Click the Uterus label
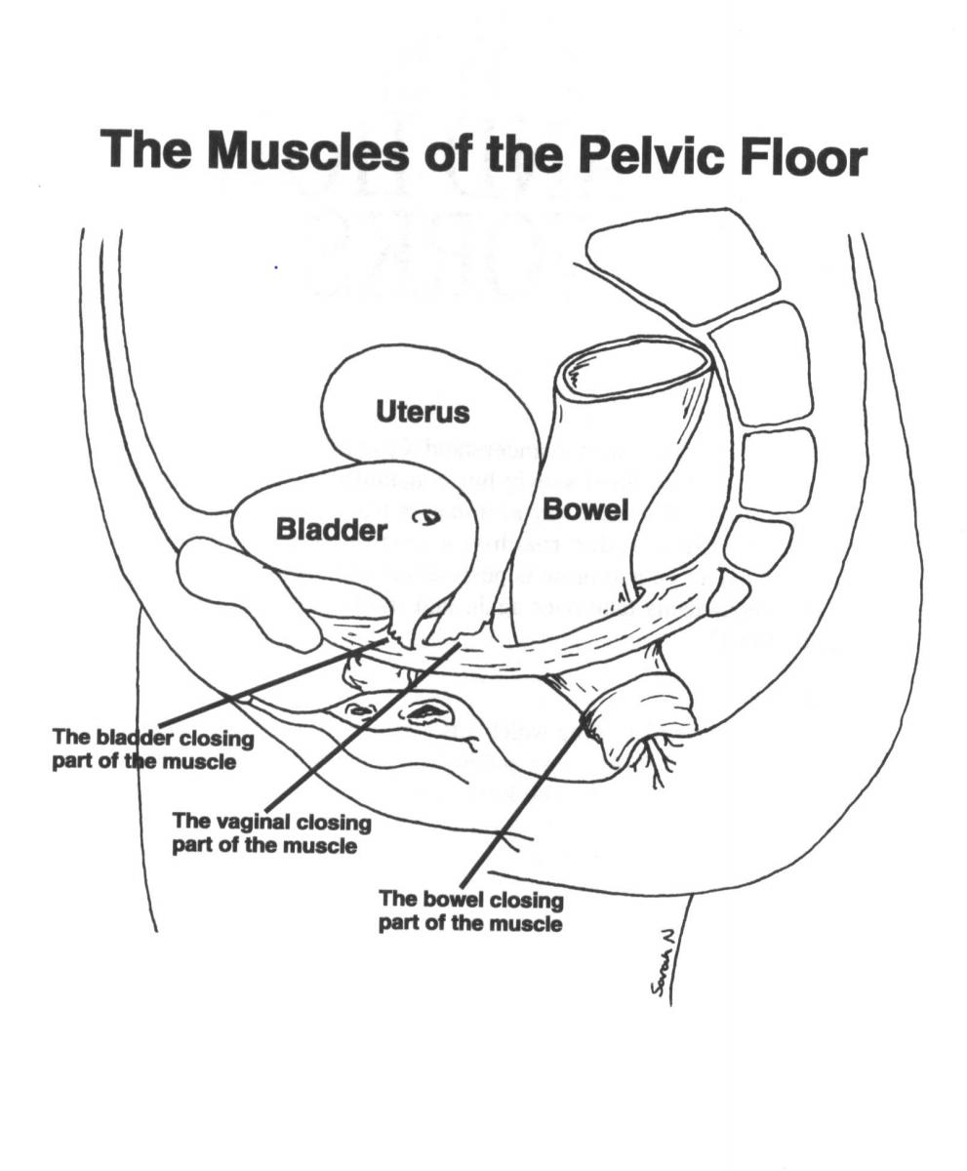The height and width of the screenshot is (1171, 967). coord(423,412)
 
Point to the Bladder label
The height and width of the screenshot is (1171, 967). coord(332,531)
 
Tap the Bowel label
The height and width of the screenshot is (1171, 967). coord(585,508)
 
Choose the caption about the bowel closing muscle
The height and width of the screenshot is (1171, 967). coord(470,909)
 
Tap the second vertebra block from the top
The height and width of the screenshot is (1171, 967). coord(763,363)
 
